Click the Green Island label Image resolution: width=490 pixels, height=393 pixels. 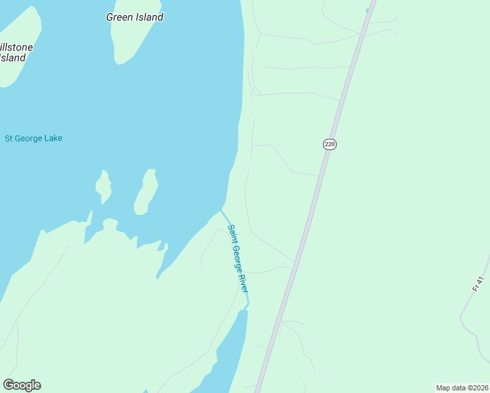coord(134,17)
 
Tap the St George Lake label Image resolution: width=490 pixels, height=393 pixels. coord(33,138)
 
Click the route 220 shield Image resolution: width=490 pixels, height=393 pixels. coord(330,144)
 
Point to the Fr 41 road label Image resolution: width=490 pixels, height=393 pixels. coord(478,284)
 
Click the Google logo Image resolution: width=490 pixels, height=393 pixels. coord(22,385)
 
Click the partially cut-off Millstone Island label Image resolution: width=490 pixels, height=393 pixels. coord(14,52)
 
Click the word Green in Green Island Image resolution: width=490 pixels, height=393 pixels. coord(119,17)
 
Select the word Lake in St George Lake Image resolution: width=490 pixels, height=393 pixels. coord(52,138)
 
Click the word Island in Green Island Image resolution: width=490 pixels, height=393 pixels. coord(149,17)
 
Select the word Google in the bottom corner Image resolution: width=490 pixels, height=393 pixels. coord(22,385)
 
